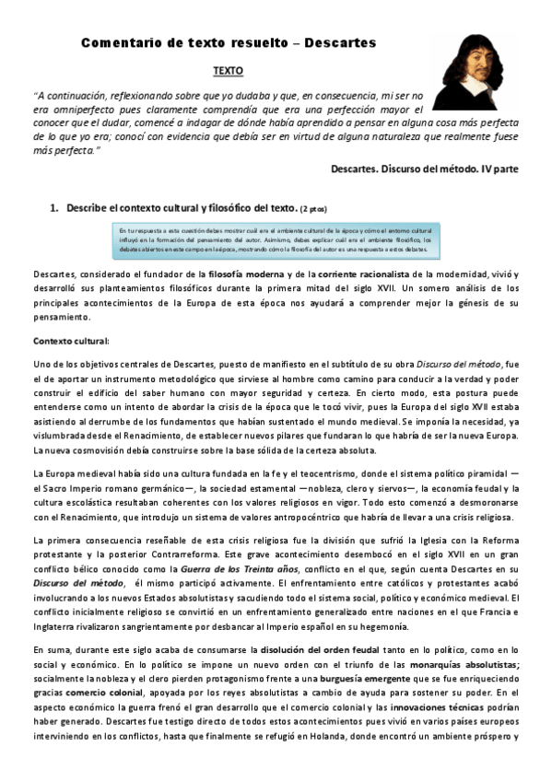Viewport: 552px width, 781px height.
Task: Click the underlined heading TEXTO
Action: [x=229, y=70]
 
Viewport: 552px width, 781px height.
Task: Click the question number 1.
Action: [x=54, y=208]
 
